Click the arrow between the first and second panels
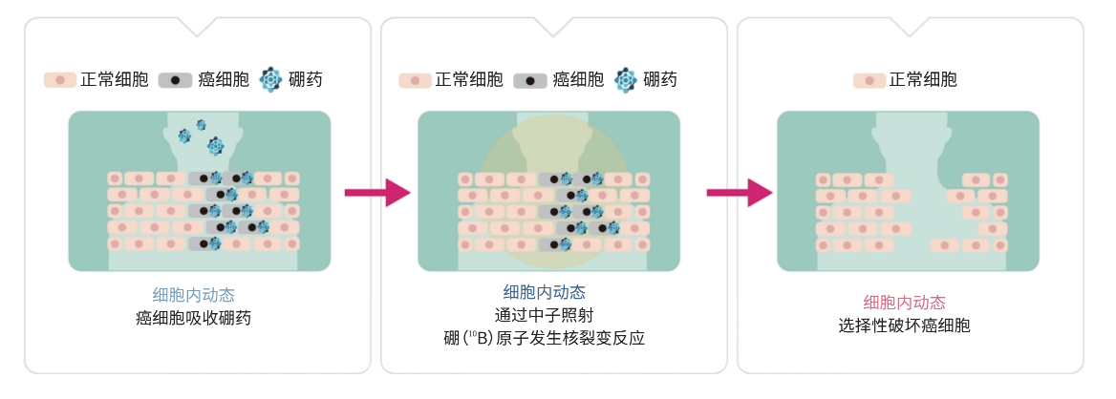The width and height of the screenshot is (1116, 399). coord(376,193)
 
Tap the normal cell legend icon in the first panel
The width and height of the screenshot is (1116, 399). coord(59,80)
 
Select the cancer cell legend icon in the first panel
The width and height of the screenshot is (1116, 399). coord(175,80)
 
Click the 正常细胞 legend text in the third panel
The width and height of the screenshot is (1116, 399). coord(923,80)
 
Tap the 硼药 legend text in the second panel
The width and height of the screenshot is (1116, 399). coord(660,80)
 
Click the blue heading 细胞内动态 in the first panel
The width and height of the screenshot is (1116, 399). coord(193,295)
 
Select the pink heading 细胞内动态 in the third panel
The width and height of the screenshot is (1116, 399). coord(905,303)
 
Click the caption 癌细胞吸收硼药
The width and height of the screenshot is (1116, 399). coord(193,318)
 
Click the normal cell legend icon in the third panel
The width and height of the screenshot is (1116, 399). coord(869,80)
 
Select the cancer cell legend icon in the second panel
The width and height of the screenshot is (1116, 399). coord(530,80)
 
